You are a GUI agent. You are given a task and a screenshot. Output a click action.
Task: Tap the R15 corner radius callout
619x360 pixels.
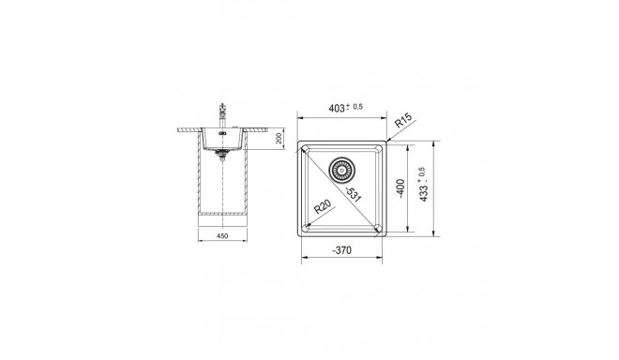(x=403, y=122)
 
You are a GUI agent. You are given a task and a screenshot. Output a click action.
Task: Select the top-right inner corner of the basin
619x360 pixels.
(x=377, y=151)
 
